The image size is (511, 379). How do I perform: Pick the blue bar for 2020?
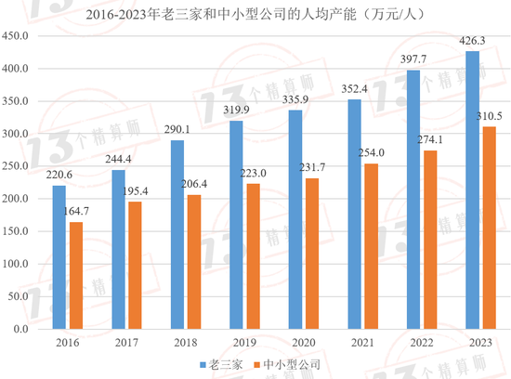pyautogui.click(x=295, y=219)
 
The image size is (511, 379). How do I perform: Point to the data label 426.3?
pyautogui.click(x=473, y=40)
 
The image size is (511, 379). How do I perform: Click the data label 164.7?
pyautogui.click(x=76, y=212)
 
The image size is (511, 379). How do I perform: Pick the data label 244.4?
pyautogui.click(x=118, y=159)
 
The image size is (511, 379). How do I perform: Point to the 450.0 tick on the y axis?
pyautogui.click(x=20, y=36)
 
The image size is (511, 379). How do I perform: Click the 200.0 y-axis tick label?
pyautogui.click(x=20, y=199)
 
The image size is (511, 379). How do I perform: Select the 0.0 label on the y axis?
pyautogui.click(x=24, y=329)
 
